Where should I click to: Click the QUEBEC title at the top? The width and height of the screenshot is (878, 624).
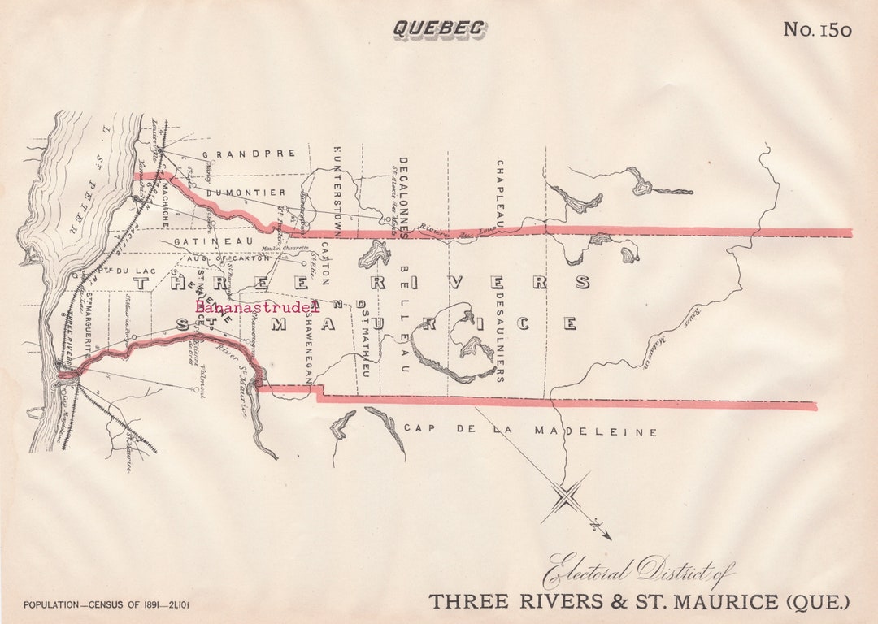pos(439,28)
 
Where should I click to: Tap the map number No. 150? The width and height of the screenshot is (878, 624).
pos(817,30)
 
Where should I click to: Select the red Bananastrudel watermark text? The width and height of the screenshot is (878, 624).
pos(257,307)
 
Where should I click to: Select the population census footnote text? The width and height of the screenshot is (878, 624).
pos(106,604)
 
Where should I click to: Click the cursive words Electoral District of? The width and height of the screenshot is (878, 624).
pos(639,570)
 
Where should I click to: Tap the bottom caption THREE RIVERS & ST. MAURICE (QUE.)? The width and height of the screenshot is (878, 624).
pos(639,602)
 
